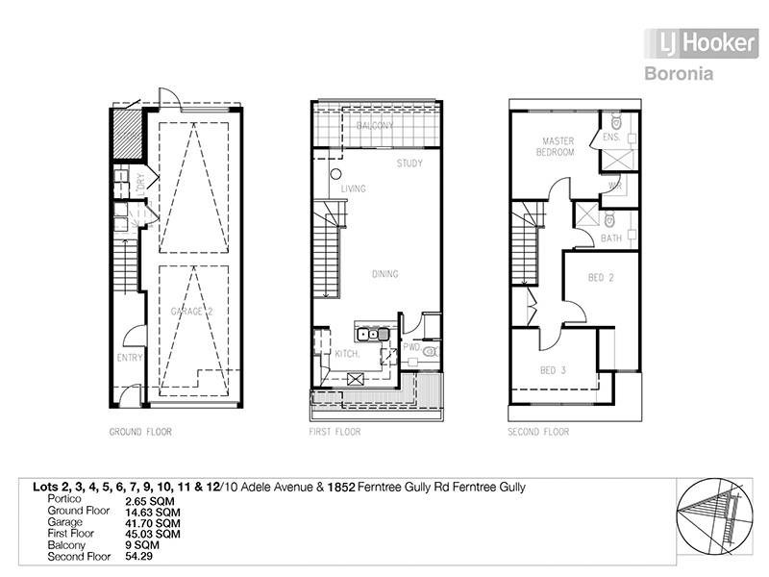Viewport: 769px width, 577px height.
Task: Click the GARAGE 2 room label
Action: click(x=191, y=313)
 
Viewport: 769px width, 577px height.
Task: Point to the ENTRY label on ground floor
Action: click(x=130, y=358)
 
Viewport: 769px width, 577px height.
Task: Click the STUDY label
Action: click(x=409, y=163)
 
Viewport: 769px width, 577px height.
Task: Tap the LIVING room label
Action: click(x=353, y=189)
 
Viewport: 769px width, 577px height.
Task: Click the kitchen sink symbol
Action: click(x=372, y=335)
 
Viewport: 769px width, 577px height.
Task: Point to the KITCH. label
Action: click(x=346, y=355)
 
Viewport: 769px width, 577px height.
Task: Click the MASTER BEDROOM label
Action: click(x=557, y=146)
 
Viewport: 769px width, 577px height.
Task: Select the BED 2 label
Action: click(x=601, y=278)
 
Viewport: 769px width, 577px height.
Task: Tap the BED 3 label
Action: click(x=553, y=370)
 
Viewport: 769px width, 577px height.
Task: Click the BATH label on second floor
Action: click(x=611, y=238)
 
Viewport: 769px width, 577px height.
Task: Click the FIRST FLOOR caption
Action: click(x=335, y=433)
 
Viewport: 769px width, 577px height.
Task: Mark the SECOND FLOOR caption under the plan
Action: click(x=538, y=433)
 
